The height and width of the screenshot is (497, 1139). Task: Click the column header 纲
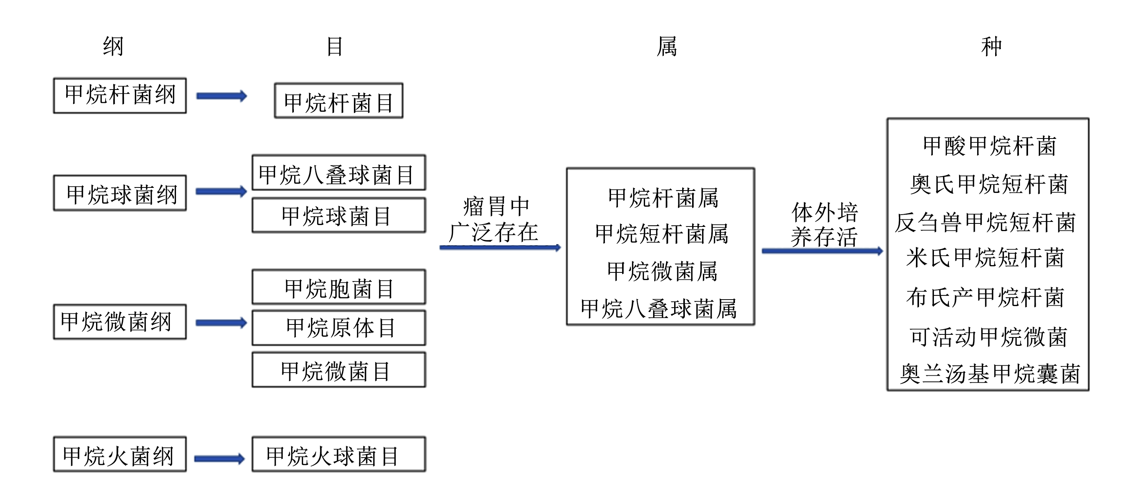pos(113,46)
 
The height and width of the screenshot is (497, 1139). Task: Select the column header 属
pos(667,46)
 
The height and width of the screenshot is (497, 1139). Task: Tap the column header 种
pos(991,46)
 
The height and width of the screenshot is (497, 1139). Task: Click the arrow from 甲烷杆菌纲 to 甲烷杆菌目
pos(222,96)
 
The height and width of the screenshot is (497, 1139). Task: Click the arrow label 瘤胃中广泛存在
pos(495,219)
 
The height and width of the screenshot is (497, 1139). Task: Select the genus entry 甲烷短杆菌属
pos(662,234)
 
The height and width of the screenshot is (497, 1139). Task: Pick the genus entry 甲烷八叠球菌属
pos(658,308)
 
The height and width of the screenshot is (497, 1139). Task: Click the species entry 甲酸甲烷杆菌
pos(989,146)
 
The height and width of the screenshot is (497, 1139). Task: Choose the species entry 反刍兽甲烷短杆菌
pos(986,222)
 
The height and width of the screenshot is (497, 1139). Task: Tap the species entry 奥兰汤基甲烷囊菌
pos(989,374)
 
